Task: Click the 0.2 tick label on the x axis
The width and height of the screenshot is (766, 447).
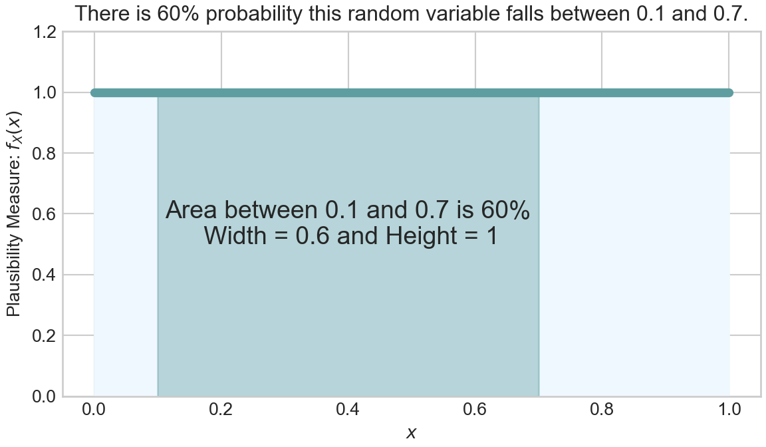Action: tap(221, 409)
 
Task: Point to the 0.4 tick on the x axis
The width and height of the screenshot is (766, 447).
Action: tap(348, 409)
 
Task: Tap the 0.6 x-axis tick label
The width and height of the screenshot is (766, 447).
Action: tap(475, 409)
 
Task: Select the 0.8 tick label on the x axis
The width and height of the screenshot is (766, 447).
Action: tap(602, 409)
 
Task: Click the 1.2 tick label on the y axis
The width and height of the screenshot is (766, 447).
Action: tap(44, 32)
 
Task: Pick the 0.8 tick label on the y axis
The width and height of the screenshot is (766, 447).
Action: tap(44, 154)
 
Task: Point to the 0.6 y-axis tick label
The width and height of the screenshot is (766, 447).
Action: tap(44, 214)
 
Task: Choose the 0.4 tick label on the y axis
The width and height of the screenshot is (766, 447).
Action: tap(44, 275)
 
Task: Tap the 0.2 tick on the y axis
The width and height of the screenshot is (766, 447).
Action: tap(44, 336)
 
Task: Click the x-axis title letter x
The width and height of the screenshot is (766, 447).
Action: tap(412, 433)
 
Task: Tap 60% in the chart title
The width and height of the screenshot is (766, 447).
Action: tap(178, 13)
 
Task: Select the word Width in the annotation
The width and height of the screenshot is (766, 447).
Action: tap(235, 235)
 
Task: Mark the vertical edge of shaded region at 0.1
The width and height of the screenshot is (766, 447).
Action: tap(158, 246)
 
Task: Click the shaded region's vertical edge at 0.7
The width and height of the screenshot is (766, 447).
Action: tap(539, 246)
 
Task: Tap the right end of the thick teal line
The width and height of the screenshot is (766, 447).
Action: tap(730, 93)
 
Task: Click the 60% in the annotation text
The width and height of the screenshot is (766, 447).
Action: tap(505, 210)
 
